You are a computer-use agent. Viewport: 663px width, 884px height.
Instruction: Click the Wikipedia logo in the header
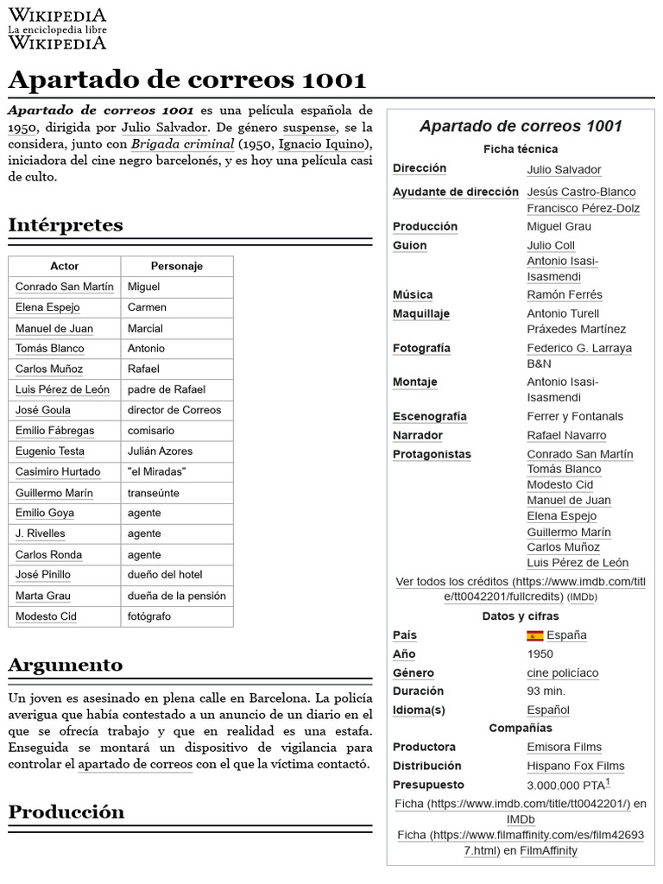coord(57,28)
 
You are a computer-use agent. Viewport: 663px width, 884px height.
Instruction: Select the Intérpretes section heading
coord(66,225)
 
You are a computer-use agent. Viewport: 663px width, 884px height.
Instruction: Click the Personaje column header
coord(176,266)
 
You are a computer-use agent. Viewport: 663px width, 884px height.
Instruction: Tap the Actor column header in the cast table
coord(65,266)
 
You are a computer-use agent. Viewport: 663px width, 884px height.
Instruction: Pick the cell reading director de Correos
coord(174,410)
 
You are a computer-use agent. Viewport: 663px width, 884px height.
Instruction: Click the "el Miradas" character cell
coord(156,471)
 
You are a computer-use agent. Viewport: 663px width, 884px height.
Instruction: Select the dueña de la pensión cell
coord(176,596)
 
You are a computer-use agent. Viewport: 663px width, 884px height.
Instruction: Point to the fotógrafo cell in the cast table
coord(149,616)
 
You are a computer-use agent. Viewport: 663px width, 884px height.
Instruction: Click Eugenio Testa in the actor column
coord(50,451)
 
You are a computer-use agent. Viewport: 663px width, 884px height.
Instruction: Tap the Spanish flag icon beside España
coord(535,635)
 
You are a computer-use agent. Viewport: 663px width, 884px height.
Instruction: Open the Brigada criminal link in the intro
coord(183,143)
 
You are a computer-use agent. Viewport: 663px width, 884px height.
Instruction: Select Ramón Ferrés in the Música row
coord(565,295)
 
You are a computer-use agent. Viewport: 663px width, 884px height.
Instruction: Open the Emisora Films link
coord(565,747)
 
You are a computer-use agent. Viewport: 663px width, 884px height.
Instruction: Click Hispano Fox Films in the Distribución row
coord(576,766)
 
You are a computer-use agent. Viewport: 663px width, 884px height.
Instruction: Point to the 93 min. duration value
coord(546,691)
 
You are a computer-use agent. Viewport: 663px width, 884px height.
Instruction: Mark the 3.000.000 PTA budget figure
coord(566,786)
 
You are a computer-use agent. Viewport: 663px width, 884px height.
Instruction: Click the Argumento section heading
coord(66,665)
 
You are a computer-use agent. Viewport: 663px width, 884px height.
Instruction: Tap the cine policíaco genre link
coord(563,672)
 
